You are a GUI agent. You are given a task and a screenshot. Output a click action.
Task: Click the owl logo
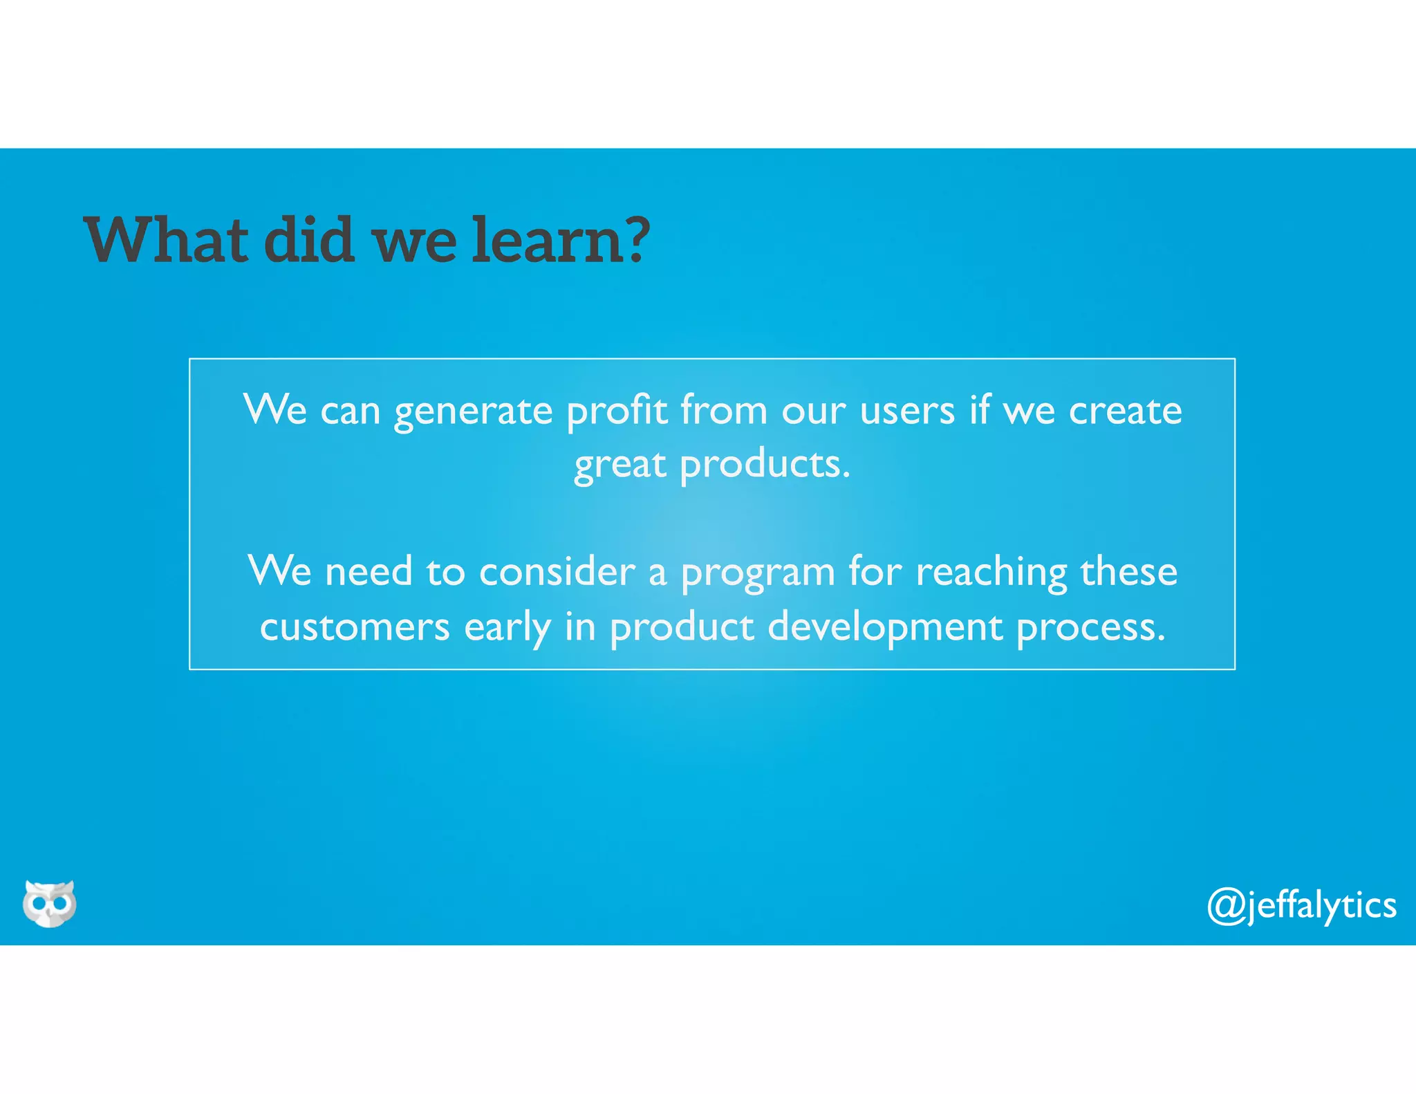click(x=49, y=903)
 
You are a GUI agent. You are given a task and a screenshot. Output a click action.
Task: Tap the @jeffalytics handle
click(x=1301, y=905)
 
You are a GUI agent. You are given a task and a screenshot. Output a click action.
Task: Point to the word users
click(x=907, y=411)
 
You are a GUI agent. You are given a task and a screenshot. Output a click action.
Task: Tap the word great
click(x=620, y=465)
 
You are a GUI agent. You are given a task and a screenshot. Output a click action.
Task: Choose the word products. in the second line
click(x=765, y=465)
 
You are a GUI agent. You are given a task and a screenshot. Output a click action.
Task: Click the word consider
click(x=557, y=573)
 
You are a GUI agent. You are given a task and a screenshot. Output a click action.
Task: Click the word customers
click(x=355, y=627)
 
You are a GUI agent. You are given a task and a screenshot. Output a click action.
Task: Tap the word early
click(x=507, y=629)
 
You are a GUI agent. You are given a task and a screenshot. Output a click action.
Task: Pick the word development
click(x=885, y=629)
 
